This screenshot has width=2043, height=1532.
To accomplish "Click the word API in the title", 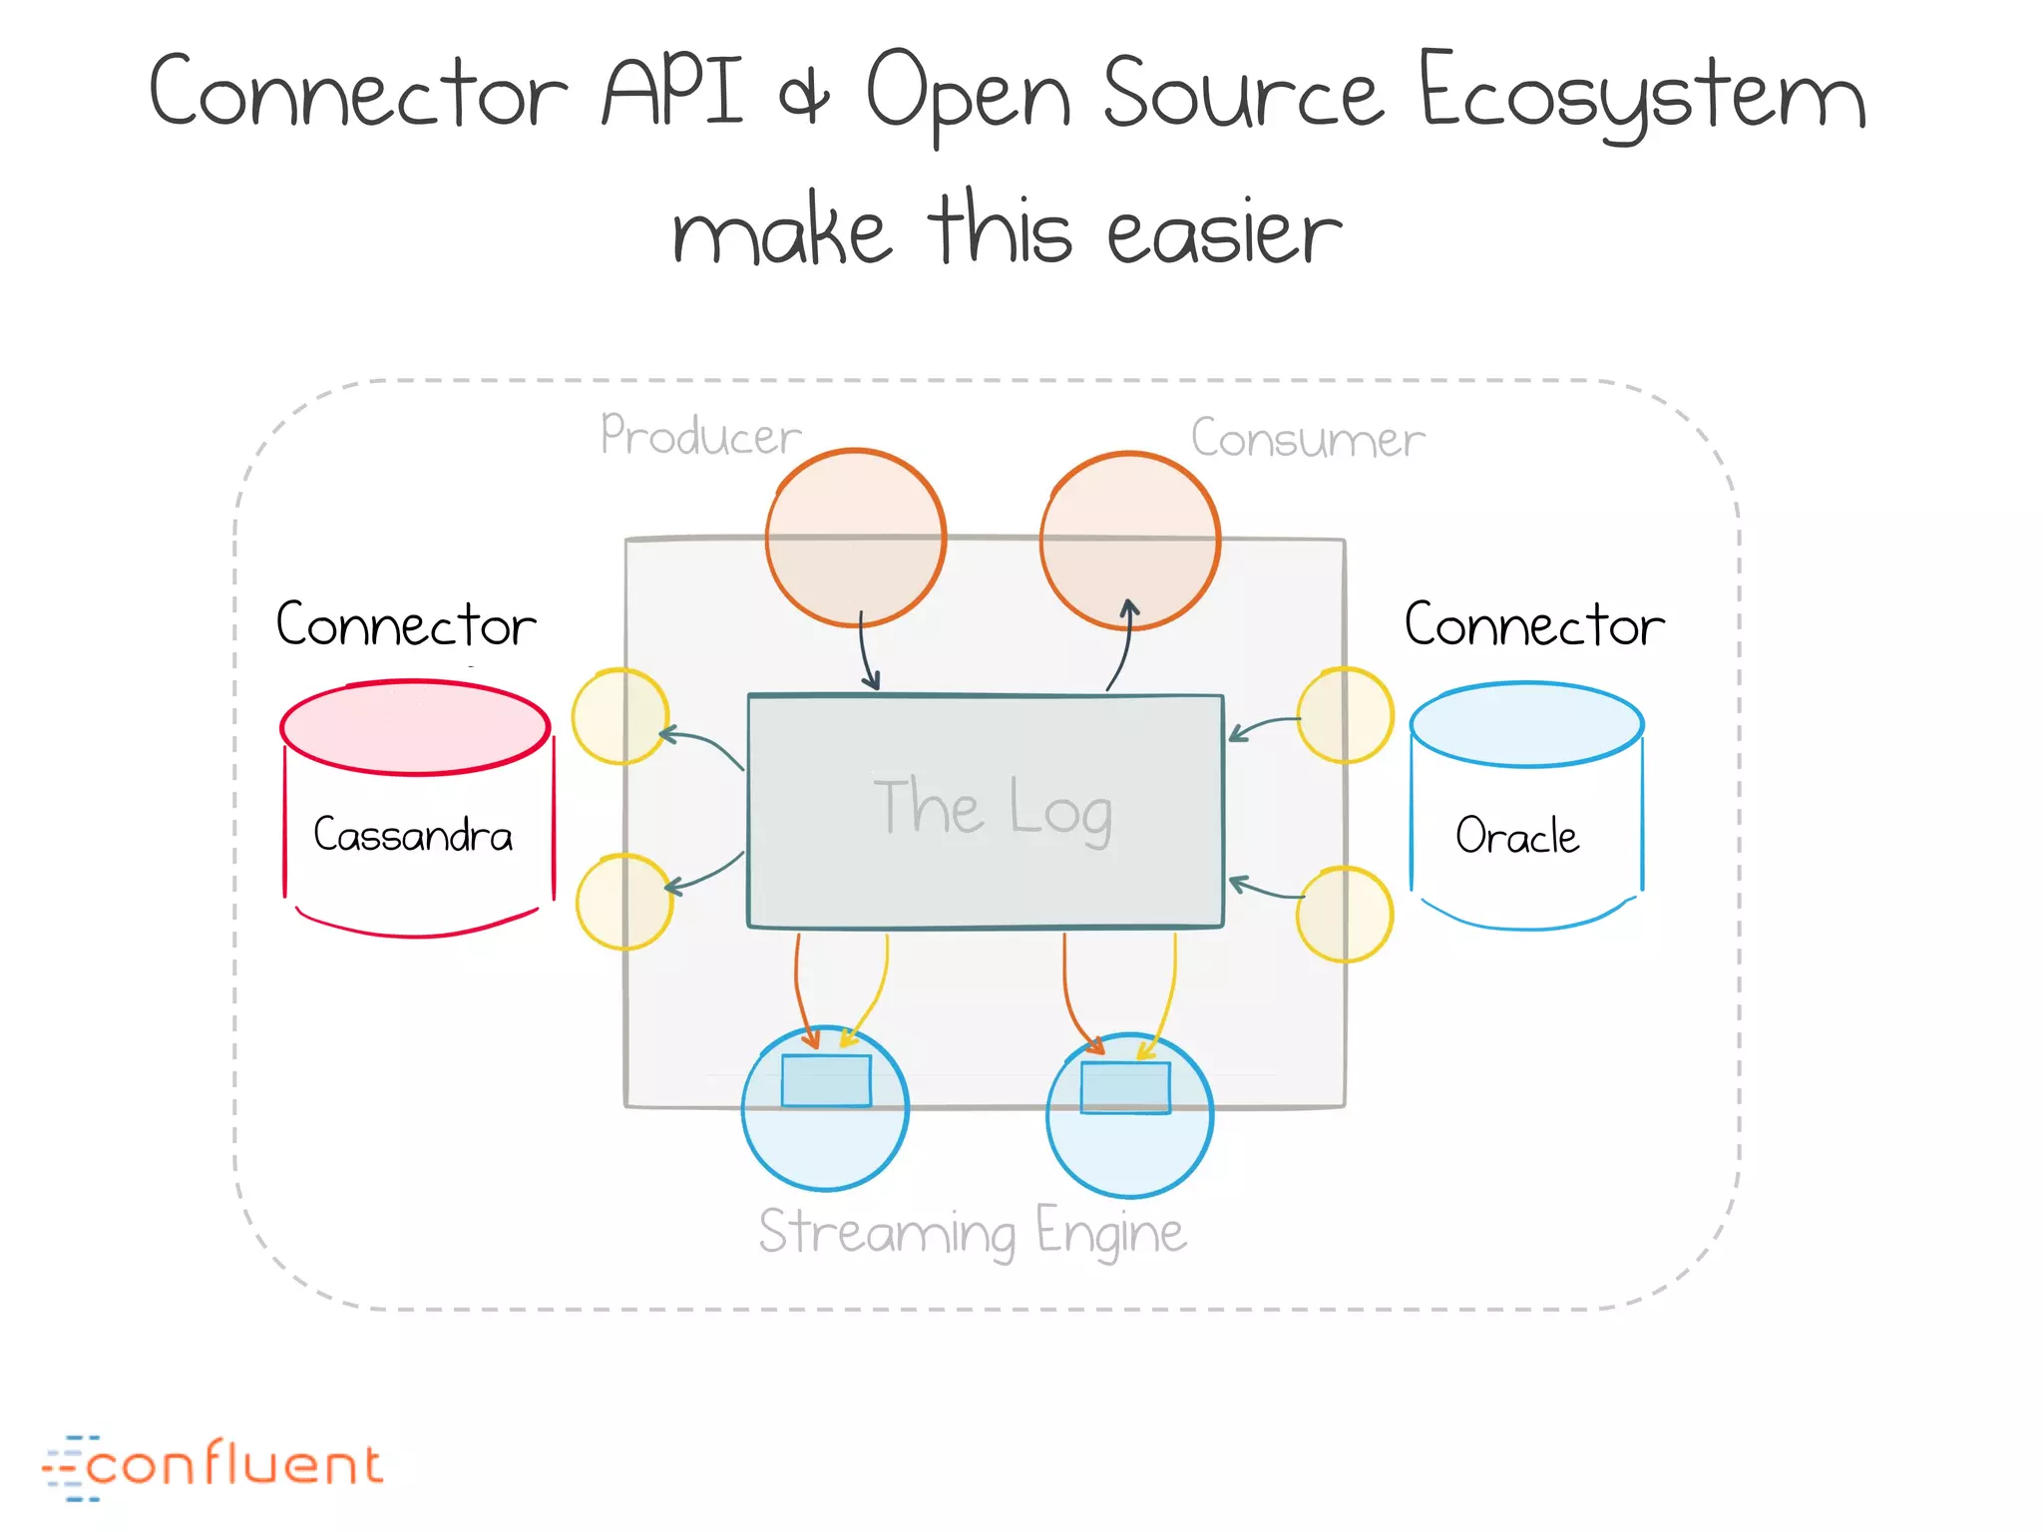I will click(x=672, y=92).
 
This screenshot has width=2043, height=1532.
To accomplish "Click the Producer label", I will click(x=700, y=436).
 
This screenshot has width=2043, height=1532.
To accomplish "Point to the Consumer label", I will click(x=1308, y=439).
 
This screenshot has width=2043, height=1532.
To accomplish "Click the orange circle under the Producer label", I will click(x=855, y=537).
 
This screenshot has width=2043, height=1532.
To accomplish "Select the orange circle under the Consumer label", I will click(x=1129, y=540).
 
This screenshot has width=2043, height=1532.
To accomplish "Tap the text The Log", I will click(x=993, y=808).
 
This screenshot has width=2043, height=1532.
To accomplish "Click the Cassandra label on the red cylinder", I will click(x=413, y=835).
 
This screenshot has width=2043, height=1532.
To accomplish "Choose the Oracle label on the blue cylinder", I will click(x=1517, y=836).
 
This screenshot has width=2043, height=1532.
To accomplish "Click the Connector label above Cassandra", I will click(x=406, y=625).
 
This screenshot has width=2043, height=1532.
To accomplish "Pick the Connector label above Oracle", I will click(x=1534, y=625).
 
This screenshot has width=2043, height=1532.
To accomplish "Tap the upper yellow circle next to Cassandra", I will click(x=619, y=716).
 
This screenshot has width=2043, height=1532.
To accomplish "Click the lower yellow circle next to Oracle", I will click(x=1344, y=914).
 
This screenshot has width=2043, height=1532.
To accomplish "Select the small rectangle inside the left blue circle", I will click(x=826, y=1081).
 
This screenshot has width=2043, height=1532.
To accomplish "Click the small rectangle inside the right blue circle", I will click(x=1125, y=1087).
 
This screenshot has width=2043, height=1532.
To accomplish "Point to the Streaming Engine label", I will click(x=973, y=1233).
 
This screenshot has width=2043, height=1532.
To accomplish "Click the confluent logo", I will click(x=212, y=1466).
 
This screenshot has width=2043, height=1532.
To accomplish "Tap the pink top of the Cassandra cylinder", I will click(x=415, y=727).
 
